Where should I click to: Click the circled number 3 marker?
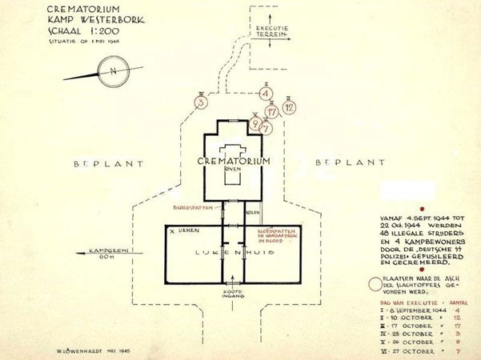coord(201,102)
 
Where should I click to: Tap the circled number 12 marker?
coord(289,105)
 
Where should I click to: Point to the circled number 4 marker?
coord(265,94)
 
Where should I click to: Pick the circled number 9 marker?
coord(255,123)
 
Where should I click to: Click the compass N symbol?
coord(114,71)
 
